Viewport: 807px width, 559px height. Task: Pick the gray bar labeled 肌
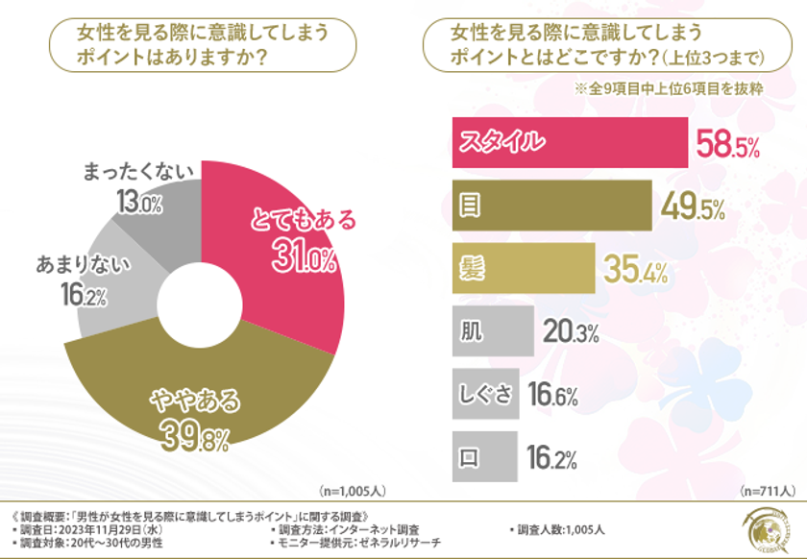point(492,331)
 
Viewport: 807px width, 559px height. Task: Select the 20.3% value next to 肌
point(570,332)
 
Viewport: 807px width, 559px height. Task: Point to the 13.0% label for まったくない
point(138,203)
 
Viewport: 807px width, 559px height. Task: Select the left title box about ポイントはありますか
point(202,44)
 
